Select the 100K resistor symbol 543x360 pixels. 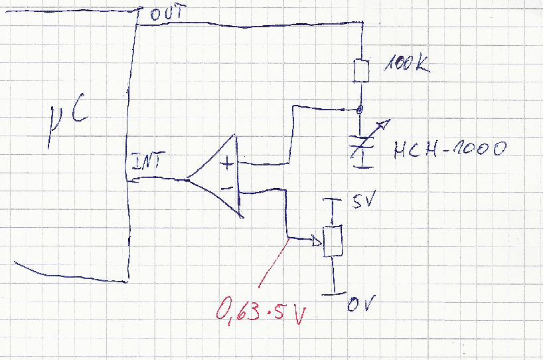tap(360, 70)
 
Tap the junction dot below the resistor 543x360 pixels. tap(360, 108)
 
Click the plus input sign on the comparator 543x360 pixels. tap(228, 162)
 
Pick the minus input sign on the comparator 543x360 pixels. tap(226, 189)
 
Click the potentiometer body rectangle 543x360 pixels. tap(332, 241)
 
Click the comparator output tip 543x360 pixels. tap(188, 178)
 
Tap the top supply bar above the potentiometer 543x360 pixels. tap(331, 199)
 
